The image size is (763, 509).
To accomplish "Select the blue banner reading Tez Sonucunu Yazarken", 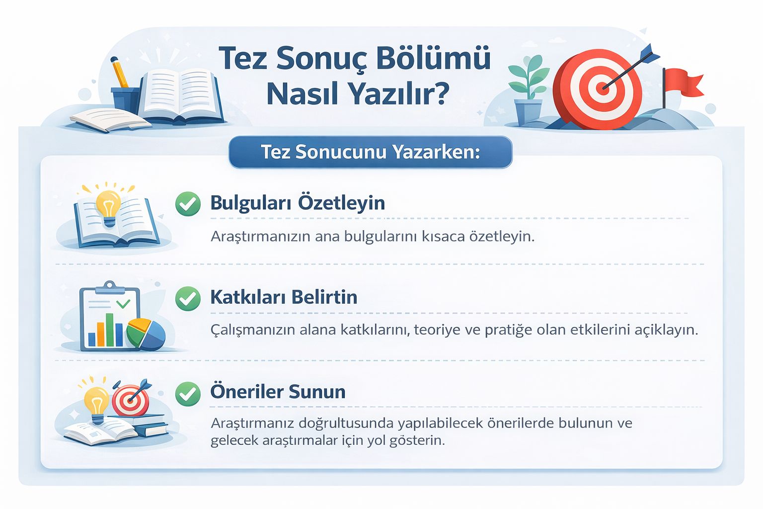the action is (371, 152).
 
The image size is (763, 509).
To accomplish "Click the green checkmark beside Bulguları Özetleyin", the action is (188, 204).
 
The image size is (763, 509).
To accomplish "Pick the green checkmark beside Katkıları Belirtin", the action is (188, 298).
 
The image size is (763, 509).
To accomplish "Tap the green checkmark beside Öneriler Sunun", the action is (188, 394).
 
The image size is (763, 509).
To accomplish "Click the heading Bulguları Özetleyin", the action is (298, 203).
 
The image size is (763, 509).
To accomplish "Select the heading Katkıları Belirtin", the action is (284, 297).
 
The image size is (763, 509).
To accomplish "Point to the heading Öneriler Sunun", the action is (278, 391).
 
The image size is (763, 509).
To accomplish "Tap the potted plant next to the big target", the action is (529, 91).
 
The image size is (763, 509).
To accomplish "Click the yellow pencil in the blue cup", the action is (119, 72).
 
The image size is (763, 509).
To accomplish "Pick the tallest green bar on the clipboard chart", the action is (110, 330).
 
